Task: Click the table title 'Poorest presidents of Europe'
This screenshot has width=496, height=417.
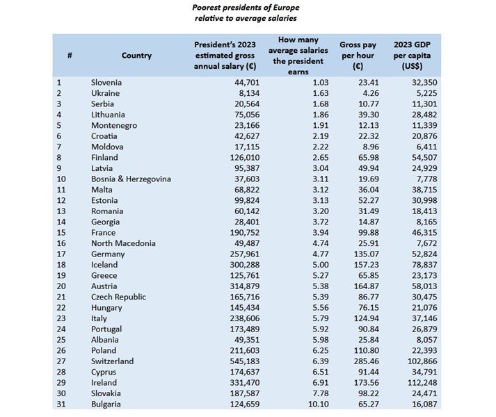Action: (x=247, y=8)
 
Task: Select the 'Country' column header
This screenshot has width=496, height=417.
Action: (x=136, y=56)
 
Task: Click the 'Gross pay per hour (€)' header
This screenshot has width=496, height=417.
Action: (x=358, y=56)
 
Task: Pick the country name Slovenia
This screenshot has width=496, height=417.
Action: (x=107, y=83)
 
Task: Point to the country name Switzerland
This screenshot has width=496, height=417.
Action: (x=113, y=361)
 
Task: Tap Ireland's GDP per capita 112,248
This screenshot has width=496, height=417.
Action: (x=408, y=383)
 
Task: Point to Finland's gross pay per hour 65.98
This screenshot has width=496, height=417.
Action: (x=358, y=158)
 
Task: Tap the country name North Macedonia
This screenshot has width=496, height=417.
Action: (x=123, y=243)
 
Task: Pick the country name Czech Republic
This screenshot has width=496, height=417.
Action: (x=119, y=297)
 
